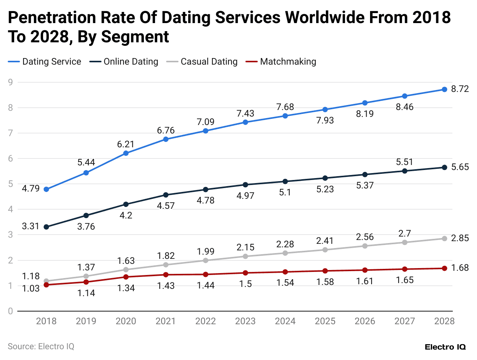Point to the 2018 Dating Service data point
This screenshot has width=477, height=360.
(46, 189)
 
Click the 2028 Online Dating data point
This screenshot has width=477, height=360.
(444, 167)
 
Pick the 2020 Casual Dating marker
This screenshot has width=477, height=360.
(126, 269)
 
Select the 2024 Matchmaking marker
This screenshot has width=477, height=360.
(285, 272)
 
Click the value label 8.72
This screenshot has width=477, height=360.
(460, 89)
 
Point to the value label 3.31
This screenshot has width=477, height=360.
(30, 227)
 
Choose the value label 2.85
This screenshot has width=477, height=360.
(460, 238)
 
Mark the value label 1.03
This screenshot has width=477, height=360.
(30, 288)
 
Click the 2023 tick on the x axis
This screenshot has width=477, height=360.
(245, 321)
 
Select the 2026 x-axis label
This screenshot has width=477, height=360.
(364, 321)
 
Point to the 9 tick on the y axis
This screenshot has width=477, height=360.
(10, 82)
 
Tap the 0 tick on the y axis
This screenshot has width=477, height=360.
(10, 311)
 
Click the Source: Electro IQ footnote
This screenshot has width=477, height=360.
(41, 346)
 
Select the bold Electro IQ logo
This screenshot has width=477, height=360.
(445, 347)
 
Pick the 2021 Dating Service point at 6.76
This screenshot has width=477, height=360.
(166, 139)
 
